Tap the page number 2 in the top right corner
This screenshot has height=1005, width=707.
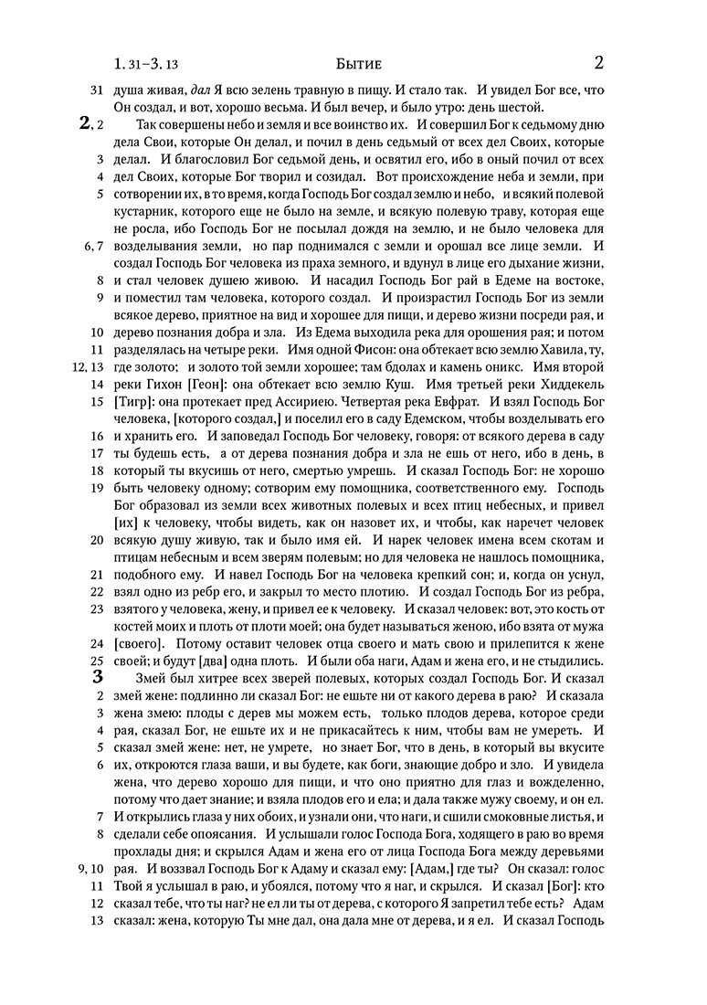[x=598, y=63]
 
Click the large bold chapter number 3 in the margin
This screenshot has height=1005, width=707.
[x=98, y=678]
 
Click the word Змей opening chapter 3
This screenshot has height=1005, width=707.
[x=153, y=678]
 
